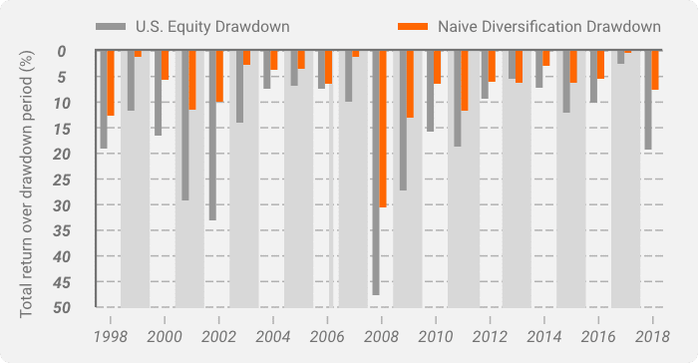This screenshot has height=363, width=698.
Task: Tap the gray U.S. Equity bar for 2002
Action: pyautogui.click(x=212, y=136)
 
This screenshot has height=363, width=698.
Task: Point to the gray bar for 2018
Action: pyautogui.click(x=648, y=100)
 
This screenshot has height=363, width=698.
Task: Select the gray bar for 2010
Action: pyautogui.click(x=430, y=91)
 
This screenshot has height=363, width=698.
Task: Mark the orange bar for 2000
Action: pyautogui.click(x=166, y=65)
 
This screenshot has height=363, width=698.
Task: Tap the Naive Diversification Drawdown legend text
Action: pyautogui.click(x=548, y=26)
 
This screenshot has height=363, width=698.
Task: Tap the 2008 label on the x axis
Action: pyautogui.click(x=380, y=337)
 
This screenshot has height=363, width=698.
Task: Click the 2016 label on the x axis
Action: pyautogui.click(x=597, y=337)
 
